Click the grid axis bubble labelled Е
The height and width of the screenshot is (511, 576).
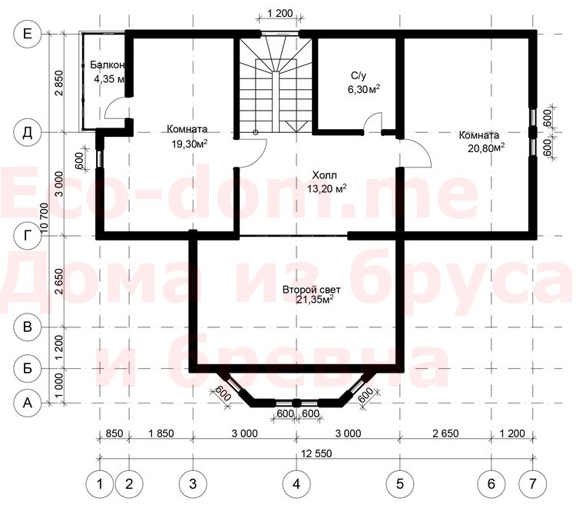[x=27, y=34]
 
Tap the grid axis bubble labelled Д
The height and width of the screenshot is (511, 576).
[x=27, y=133]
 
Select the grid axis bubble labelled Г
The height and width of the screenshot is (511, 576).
[x=27, y=236]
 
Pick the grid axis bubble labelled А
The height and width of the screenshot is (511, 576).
[x=27, y=403]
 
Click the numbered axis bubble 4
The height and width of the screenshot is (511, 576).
[x=296, y=484]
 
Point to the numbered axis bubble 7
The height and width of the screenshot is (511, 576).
[x=533, y=484]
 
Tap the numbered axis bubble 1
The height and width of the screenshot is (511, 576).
[x=100, y=484]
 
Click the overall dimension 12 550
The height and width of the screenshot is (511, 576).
[x=316, y=453]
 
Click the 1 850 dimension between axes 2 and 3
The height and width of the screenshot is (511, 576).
[x=161, y=433]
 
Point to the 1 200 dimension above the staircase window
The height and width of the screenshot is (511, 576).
[x=280, y=14]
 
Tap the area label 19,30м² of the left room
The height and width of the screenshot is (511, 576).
[x=190, y=144]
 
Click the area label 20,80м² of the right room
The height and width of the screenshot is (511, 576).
[x=486, y=148]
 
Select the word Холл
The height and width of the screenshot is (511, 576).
[x=324, y=174]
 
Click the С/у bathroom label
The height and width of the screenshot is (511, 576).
[x=359, y=76]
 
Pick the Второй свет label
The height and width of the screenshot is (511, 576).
[x=312, y=290]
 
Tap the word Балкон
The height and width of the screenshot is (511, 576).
[x=108, y=65]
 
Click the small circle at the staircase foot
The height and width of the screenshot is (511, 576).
[x=256, y=132]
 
